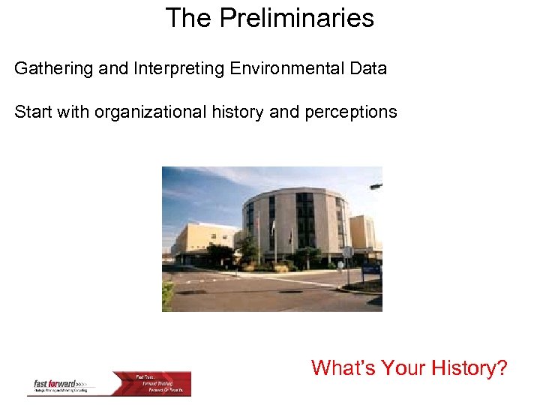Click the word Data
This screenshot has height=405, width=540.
(x=368, y=69)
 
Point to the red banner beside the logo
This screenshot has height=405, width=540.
(x=161, y=383)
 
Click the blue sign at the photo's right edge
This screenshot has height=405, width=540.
(x=372, y=268)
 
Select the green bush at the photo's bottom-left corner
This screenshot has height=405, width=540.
(x=167, y=297)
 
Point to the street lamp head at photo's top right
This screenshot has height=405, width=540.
(x=376, y=185)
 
